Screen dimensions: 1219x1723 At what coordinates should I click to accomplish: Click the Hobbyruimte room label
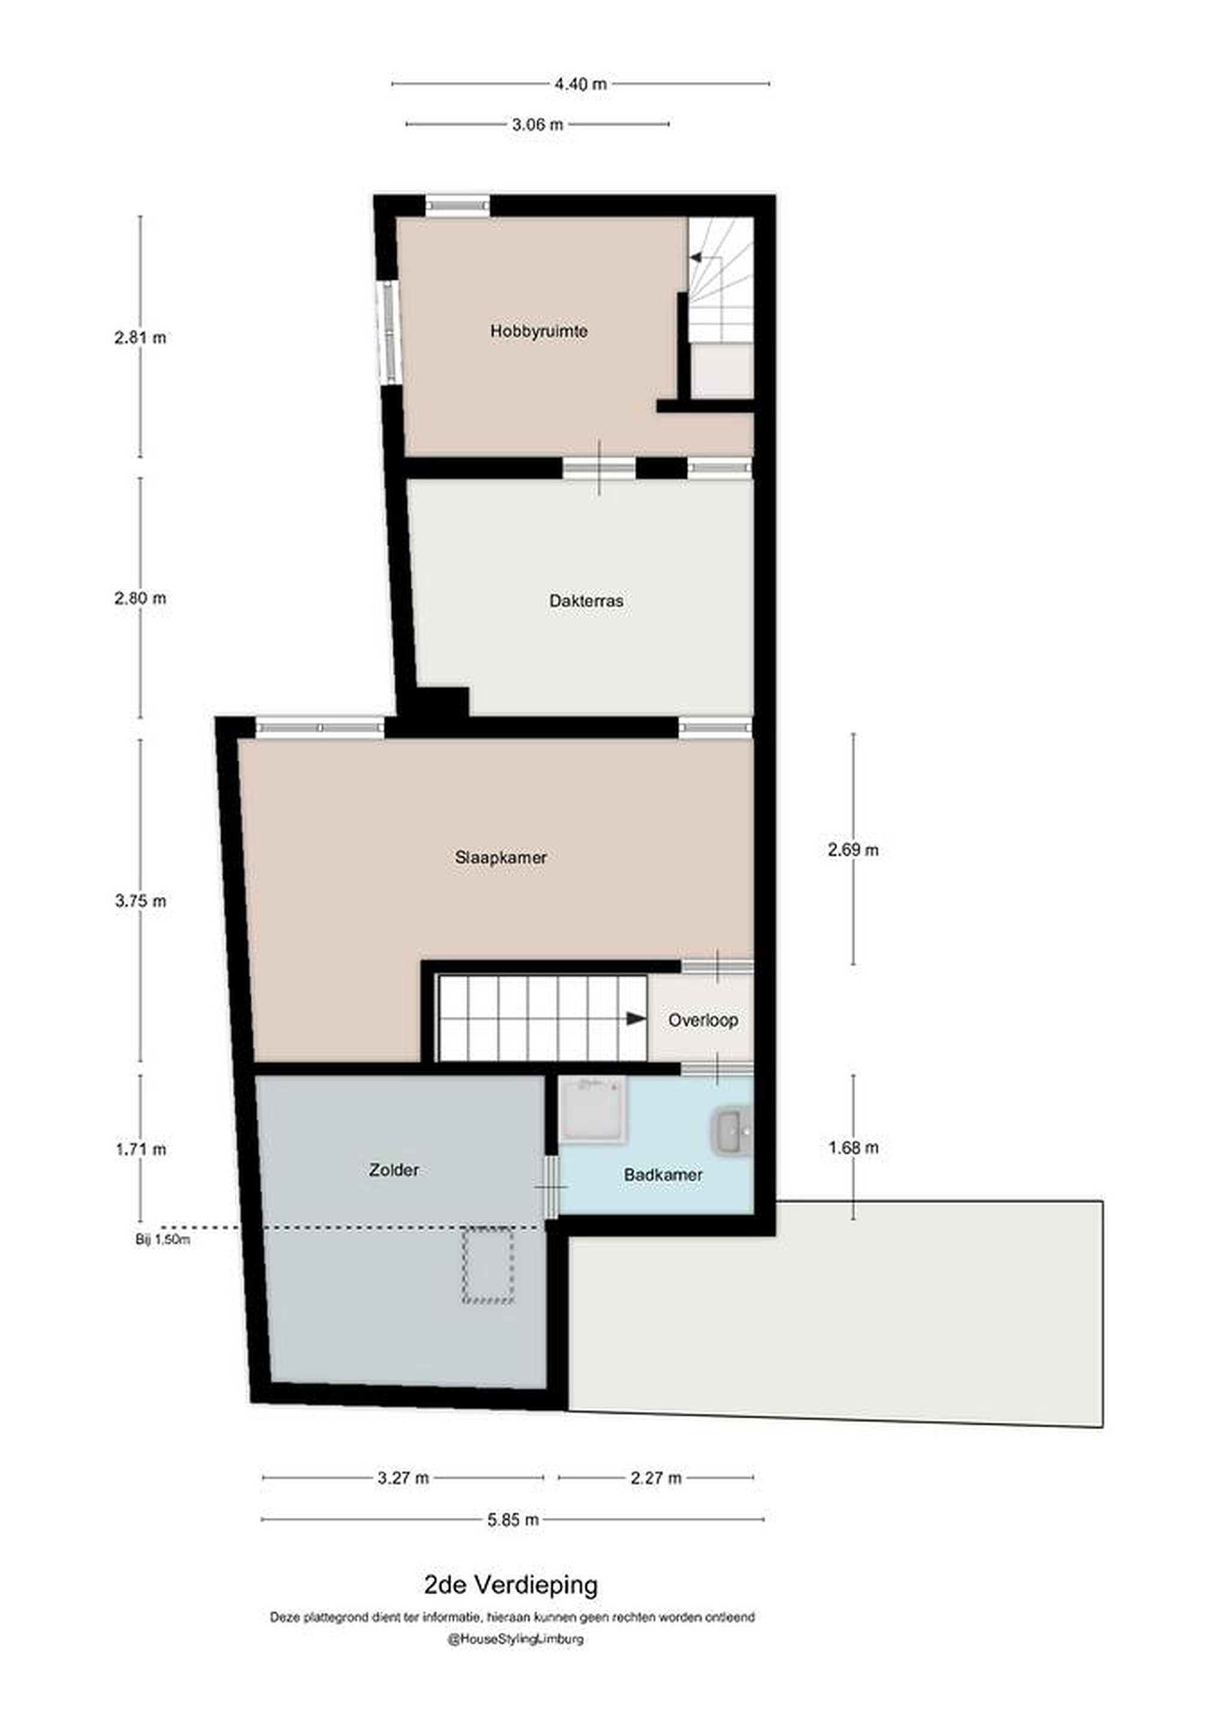[x=539, y=331]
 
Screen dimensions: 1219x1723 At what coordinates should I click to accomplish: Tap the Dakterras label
[x=586, y=601]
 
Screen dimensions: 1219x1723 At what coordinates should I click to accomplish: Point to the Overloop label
[x=703, y=1020]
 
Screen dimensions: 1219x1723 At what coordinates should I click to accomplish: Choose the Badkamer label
[x=664, y=1174]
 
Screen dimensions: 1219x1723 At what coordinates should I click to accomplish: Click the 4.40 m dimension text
[x=580, y=84]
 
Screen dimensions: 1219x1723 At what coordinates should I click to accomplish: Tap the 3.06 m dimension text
[x=537, y=124]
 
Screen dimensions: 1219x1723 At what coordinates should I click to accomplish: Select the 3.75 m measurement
[x=141, y=900]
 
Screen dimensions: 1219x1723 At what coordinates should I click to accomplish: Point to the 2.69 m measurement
[x=853, y=850]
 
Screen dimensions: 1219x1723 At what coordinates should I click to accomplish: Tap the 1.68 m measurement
[x=853, y=1147]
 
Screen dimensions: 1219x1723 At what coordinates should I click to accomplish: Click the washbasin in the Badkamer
[x=729, y=1133]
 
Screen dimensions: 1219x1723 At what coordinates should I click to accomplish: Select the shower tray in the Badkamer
[x=592, y=1110]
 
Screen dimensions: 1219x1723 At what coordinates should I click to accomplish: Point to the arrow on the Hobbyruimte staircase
[x=696, y=257]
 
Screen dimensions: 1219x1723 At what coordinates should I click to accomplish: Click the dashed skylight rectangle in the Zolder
[x=488, y=1265]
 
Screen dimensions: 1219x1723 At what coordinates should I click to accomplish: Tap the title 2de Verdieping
[x=511, y=1584]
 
